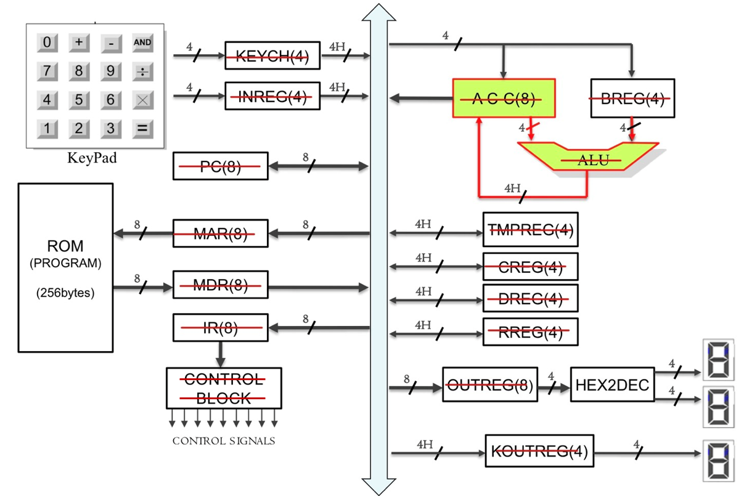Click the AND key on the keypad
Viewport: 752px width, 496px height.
point(142,43)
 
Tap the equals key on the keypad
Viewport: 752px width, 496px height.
point(142,129)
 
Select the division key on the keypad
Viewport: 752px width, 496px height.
point(142,71)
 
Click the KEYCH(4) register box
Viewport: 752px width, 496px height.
point(272,57)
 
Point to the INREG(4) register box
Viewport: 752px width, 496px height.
point(272,97)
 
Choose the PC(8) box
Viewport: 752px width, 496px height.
point(221,166)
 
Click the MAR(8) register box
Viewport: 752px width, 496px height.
point(221,234)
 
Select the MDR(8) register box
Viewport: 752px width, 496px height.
point(221,286)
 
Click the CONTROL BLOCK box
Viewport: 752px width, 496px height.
point(224,388)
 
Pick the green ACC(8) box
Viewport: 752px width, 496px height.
point(504,99)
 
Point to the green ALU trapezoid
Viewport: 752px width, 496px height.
point(592,159)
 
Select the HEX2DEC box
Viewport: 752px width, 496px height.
point(612,384)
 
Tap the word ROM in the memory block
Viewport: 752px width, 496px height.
point(65,246)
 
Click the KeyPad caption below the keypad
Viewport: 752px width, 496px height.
point(92,158)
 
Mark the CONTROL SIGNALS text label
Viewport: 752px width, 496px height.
point(223,441)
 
